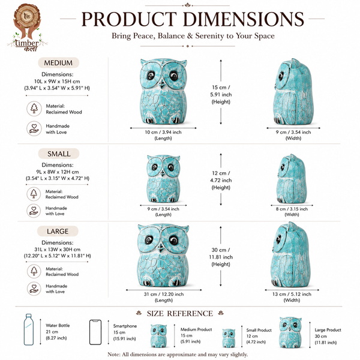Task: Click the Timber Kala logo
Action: coord(28,28)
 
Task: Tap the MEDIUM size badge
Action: coord(58,62)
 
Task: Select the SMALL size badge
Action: coord(59,154)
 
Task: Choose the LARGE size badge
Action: coord(58,231)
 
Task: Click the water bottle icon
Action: coord(29,329)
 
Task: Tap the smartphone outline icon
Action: coord(95,332)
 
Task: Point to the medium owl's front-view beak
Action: coord(163,85)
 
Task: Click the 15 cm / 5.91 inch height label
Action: coord(221,94)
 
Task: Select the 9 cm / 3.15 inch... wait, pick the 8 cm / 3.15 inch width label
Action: coord(292,211)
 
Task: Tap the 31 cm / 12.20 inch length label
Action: coord(164,297)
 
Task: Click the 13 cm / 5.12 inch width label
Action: coord(292,297)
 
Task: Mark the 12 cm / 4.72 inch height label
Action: coord(221,180)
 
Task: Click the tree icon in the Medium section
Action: coord(34,109)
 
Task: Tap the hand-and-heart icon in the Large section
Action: coord(34,289)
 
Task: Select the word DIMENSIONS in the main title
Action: coord(244,19)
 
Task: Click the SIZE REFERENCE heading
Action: coord(180,313)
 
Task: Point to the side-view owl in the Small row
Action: coord(292,179)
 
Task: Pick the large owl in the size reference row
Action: coord(290,332)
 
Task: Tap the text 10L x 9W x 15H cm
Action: coord(57,81)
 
